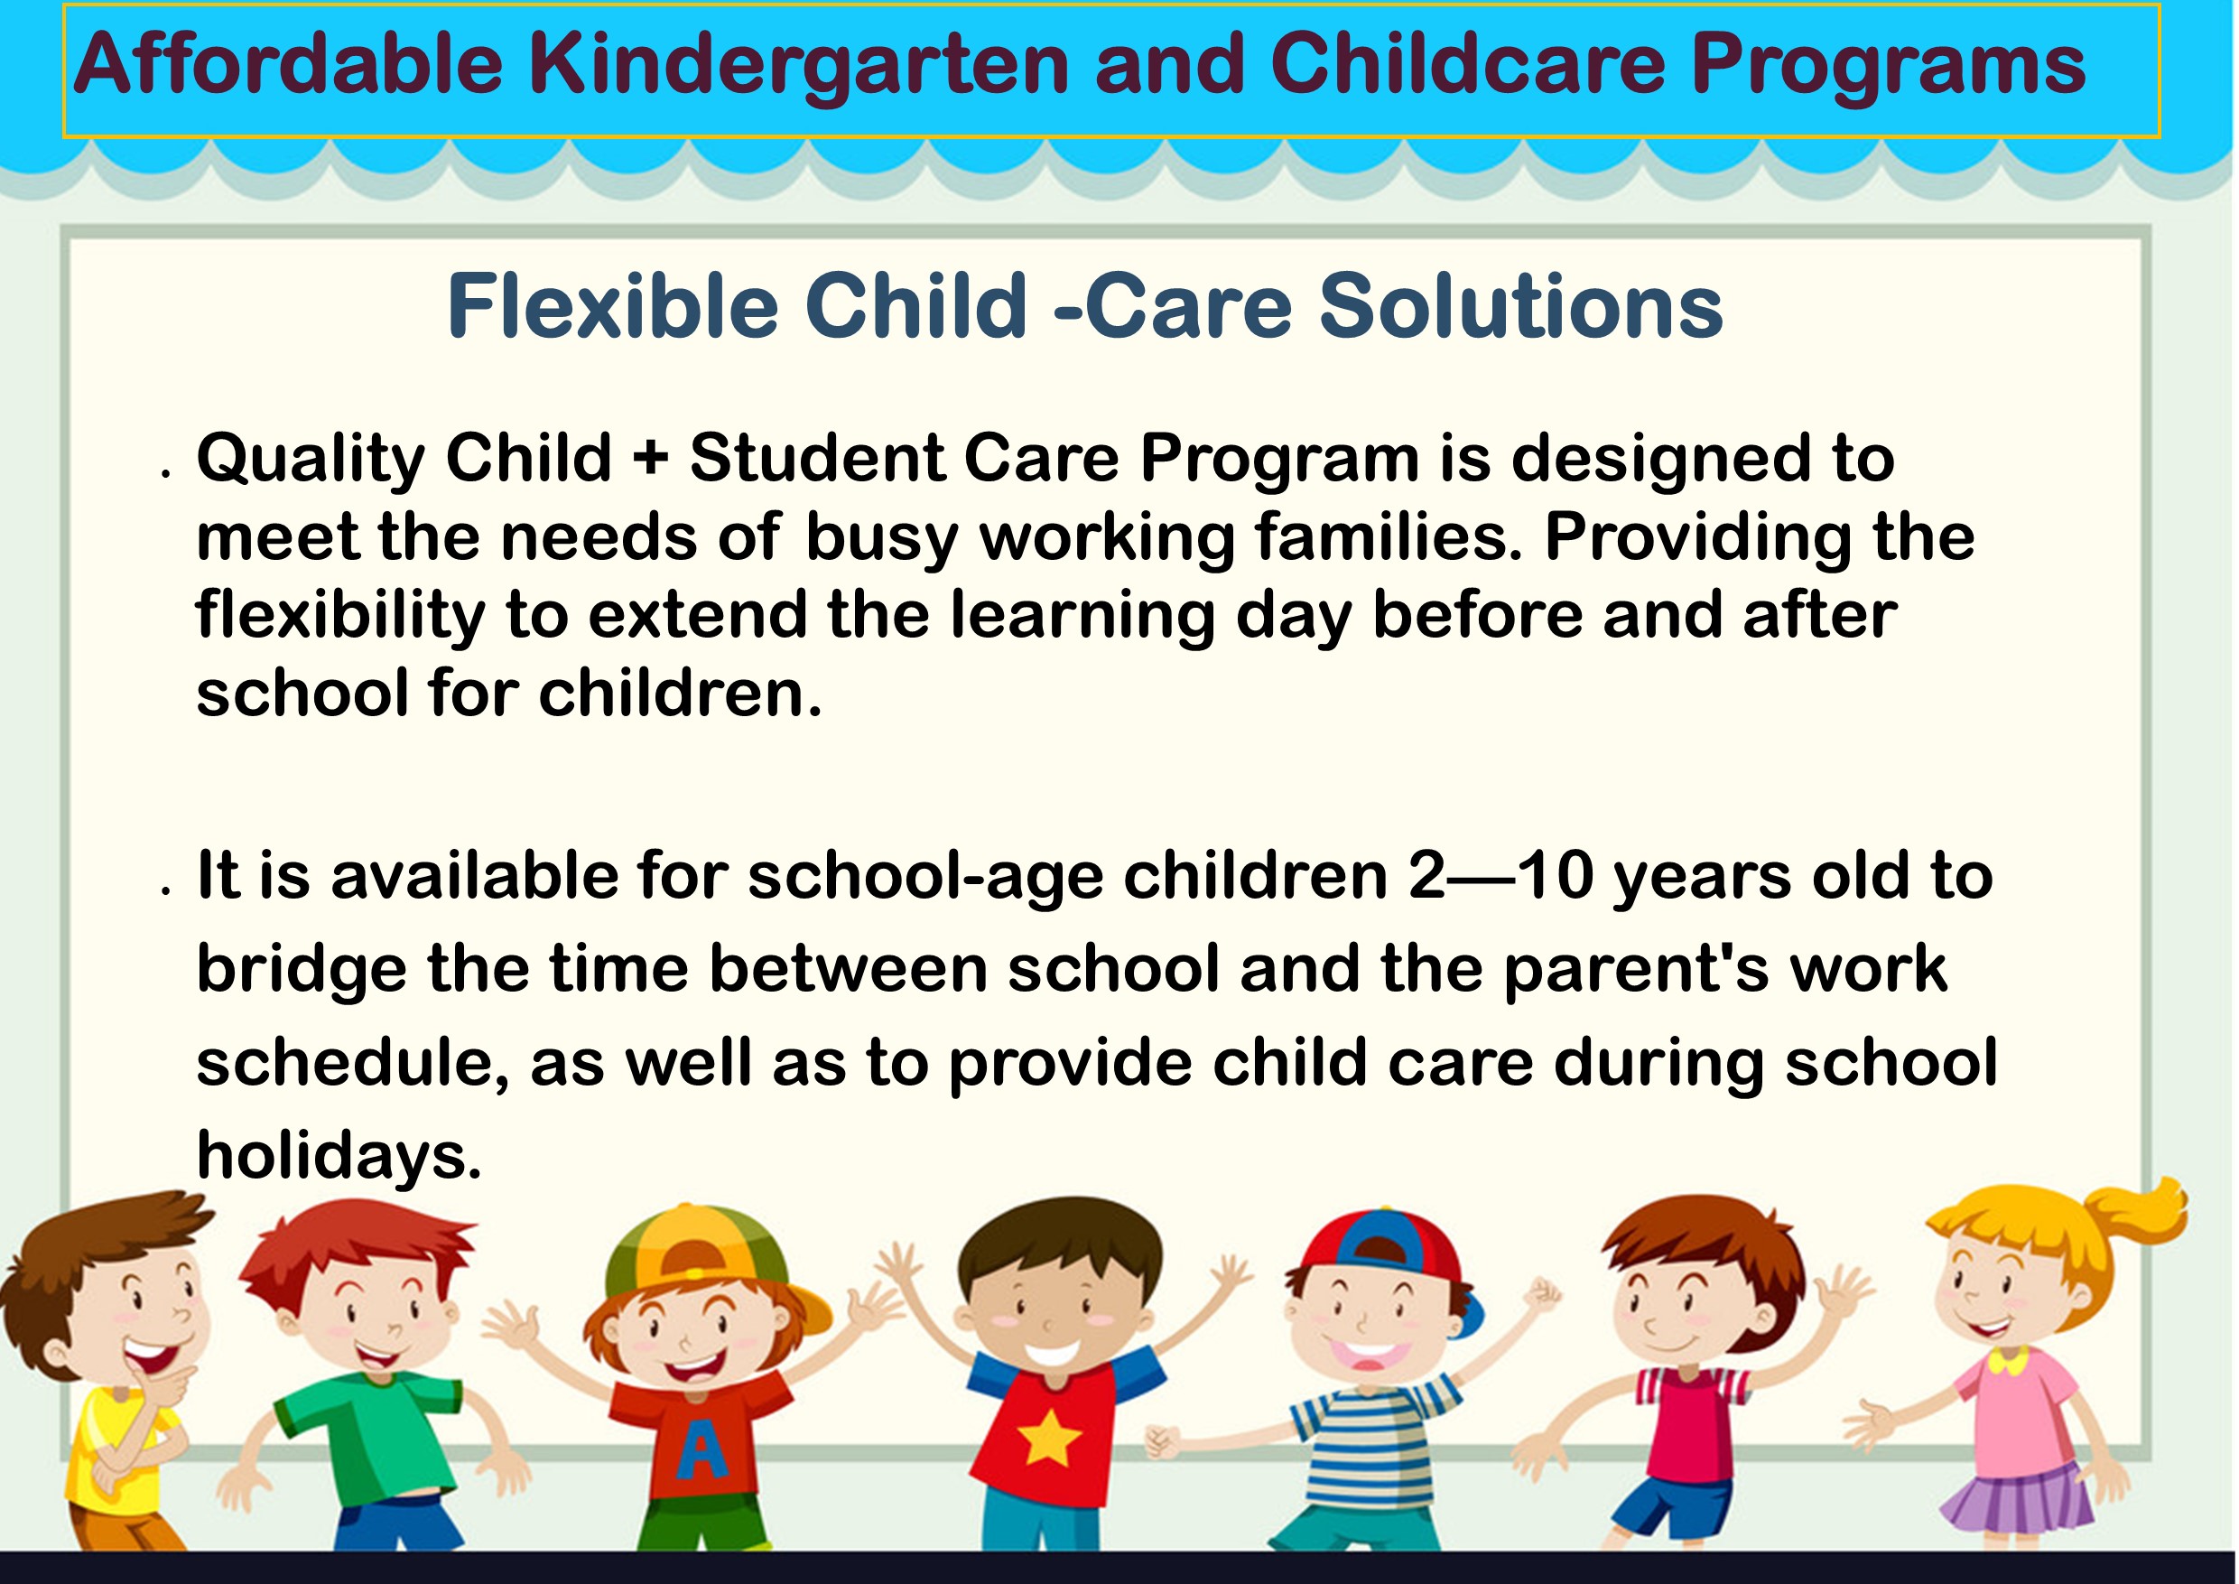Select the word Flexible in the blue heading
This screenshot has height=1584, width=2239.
612,306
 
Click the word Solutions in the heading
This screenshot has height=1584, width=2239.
1521,306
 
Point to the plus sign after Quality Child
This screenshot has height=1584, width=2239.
650,460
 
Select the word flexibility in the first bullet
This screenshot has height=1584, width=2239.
340,618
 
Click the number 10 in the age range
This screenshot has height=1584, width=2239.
1555,876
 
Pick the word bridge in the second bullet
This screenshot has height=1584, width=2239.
302,971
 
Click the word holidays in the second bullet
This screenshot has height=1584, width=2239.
339,1157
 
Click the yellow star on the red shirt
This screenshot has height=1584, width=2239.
1048,1440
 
